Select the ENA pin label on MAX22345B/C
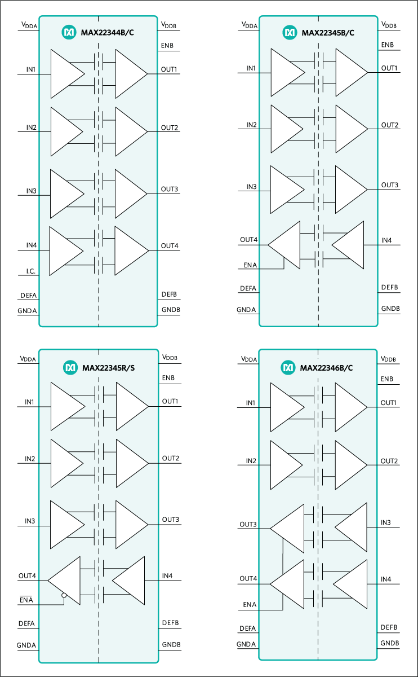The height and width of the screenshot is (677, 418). click(251, 265)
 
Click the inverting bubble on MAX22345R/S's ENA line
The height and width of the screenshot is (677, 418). click(64, 595)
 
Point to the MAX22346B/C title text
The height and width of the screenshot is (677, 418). click(327, 368)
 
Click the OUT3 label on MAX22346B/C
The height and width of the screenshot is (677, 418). click(248, 525)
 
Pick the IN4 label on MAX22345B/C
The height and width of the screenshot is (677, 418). click(386, 241)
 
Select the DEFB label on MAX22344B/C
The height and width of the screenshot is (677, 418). click(169, 294)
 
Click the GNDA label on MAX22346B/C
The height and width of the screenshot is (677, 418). click(246, 644)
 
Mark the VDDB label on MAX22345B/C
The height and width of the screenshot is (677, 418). click(389, 25)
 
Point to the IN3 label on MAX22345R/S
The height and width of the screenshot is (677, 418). click(30, 521)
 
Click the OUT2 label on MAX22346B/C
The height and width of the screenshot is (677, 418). click(389, 461)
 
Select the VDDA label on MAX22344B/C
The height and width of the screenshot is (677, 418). click(29, 25)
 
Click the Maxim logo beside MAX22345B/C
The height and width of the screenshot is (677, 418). click(290, 33)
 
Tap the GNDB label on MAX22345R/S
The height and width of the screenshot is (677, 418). click(171, 644)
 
